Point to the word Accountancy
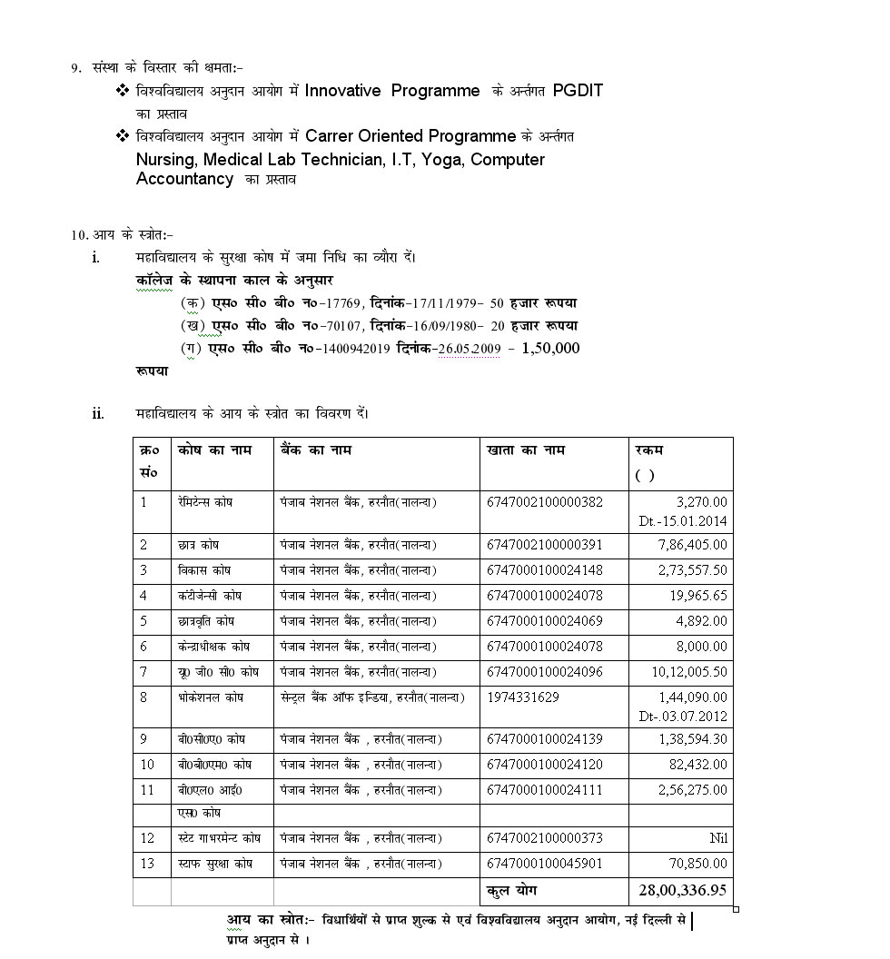[184, 179]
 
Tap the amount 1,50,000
[549, 348]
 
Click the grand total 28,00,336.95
[681, 890]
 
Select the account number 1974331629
[523, 697]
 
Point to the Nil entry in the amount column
[718, 838]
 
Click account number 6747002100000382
[544, 501]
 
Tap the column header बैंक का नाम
[316, 450]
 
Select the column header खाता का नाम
[526, 450]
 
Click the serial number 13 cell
[147, 864]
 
